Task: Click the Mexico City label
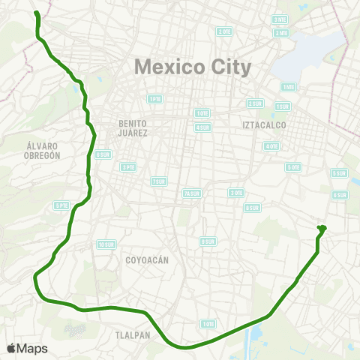(x=193, y=67)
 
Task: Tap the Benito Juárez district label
(x=133, y=127)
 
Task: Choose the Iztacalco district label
(x=261, y=124)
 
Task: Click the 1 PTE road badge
(x=154, y=98)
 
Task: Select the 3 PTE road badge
(x=128, y=166)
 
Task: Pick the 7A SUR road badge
(x=191, y=193)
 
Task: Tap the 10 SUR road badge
(x=104, y=244)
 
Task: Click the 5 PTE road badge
(x=61, y=205)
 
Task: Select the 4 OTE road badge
(x=271, y=145)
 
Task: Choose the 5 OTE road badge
(x=293, y=167)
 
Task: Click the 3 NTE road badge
(x=280, y=19)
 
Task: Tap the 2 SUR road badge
(x=255, y=103)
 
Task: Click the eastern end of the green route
(x=322, y=227)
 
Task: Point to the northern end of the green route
(x=36, y=13)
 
